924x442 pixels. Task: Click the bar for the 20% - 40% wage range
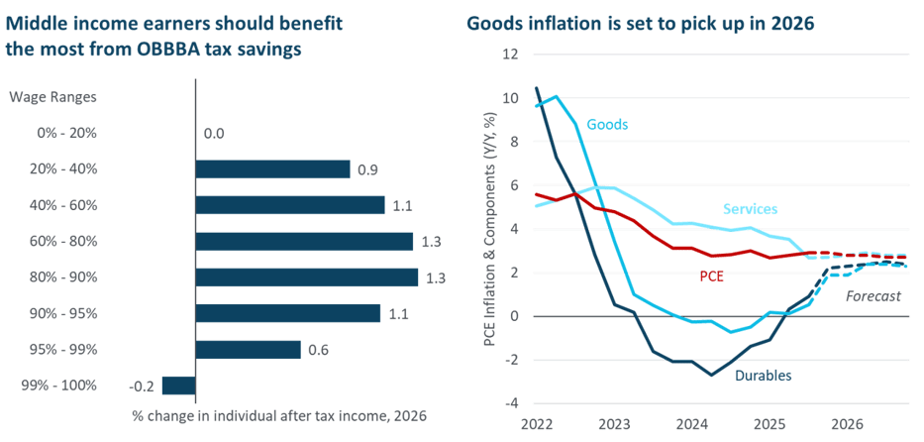point(273,168)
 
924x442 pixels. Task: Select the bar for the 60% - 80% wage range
point(304,241)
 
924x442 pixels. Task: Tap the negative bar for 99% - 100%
point(178,386)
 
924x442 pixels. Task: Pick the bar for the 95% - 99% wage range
point(248,350)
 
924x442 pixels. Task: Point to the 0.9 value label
point(367,169)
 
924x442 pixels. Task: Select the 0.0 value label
point(215,133)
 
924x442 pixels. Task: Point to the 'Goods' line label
point(607,124)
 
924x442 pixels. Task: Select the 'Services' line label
point(750,209)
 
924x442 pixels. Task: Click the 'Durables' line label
point(763,375)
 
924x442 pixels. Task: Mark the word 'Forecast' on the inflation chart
point(874,295)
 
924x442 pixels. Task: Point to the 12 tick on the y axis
point(511,55)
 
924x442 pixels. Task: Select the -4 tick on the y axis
point(511,402)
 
